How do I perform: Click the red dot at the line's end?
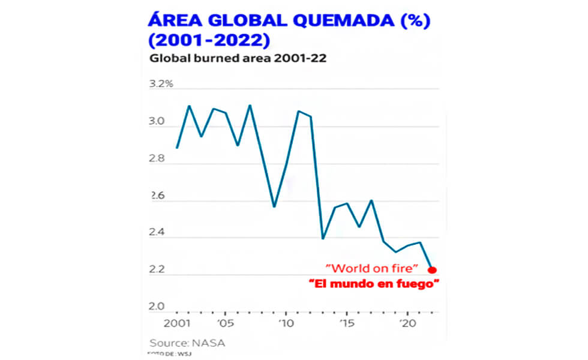pos(433,270)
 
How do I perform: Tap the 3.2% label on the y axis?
pos(161,83)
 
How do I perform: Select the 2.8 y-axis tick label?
pos(157,158)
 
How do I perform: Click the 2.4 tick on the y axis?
pos(157,233)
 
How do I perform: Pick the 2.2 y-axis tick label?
pos(157,270)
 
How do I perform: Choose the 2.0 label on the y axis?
pos(157,307)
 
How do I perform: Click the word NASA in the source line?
pos(210,344)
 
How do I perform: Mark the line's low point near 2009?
pos(274,206)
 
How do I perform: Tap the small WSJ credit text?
pos(171,355)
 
